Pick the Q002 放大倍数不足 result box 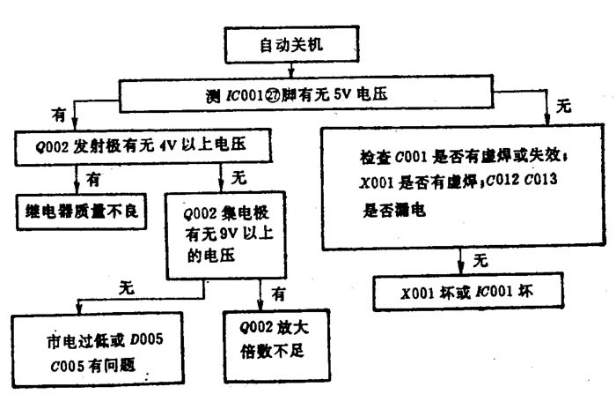271,339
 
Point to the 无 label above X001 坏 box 480,261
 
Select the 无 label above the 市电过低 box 126,287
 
